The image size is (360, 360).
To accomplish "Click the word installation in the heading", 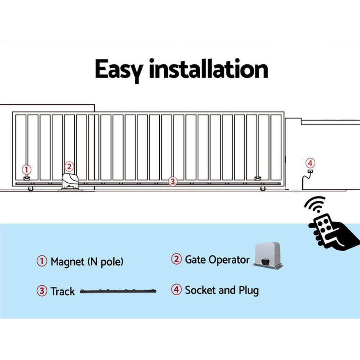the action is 208,69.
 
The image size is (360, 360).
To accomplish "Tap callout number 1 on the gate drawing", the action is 26,170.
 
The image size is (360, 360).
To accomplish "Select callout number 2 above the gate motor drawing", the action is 69,167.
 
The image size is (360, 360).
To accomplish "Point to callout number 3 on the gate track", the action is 173,182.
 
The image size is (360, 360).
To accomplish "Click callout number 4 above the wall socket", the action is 310,163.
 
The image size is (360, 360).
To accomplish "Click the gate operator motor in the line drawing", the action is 70,182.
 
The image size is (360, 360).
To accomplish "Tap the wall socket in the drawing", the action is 310,171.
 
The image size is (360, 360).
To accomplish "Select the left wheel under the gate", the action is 31,188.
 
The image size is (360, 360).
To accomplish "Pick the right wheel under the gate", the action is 263,188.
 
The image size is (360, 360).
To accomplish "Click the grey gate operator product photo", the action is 268,255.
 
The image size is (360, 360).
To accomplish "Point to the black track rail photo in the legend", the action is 118,291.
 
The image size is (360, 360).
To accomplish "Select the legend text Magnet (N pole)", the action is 87,262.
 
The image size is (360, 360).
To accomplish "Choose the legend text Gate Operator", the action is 217,260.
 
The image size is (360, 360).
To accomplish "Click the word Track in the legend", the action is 62,291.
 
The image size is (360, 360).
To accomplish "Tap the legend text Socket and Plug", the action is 222,290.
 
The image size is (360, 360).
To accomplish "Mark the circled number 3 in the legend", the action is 42,291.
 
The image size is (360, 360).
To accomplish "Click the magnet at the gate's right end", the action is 258,178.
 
